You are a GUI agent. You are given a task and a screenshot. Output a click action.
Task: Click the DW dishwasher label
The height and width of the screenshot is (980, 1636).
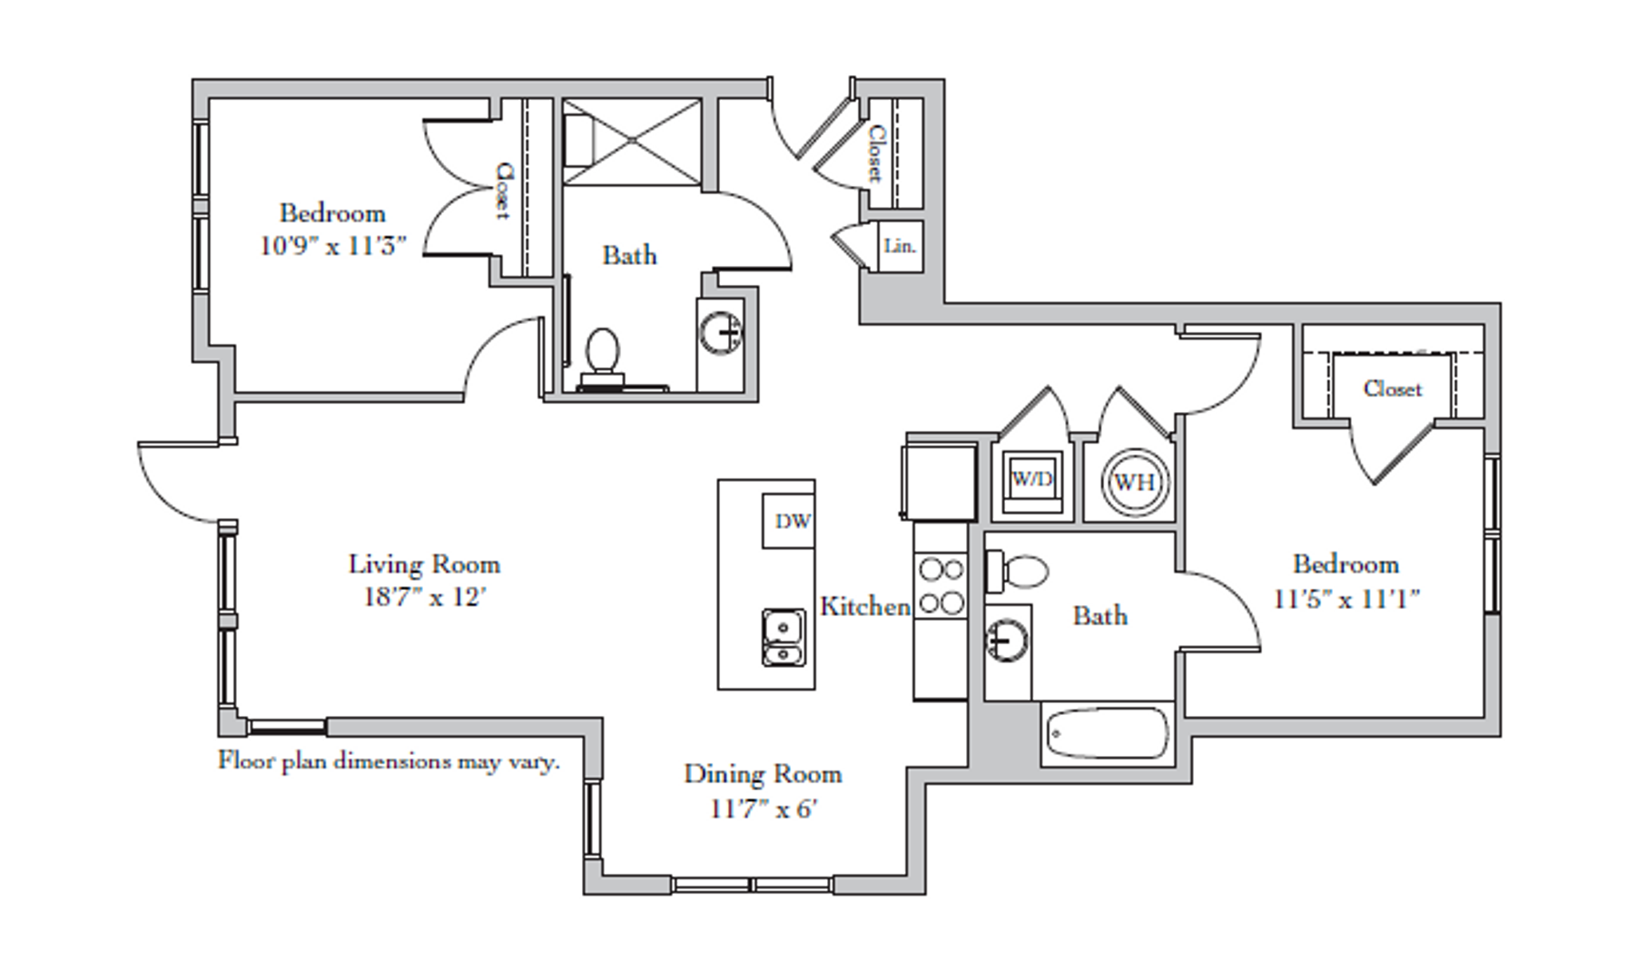[x=792, y=521]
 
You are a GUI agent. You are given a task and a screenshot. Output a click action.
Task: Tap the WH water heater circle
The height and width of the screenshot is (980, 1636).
[x=1134, y=482]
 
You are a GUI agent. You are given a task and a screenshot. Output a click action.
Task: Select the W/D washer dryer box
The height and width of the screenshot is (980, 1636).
[x=1032, y=480]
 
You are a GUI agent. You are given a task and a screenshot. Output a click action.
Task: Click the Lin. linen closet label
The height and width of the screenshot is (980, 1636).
[x=899, y=246]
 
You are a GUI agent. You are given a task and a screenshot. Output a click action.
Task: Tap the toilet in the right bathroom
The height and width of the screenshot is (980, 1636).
[x=1019, y=571]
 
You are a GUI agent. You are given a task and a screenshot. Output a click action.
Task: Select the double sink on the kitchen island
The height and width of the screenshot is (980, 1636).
[x=783, y=638]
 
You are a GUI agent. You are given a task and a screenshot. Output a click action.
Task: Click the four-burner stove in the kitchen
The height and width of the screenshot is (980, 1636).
[x=941, y=586]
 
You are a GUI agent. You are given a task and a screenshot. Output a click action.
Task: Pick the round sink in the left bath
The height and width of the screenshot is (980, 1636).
[x=722, y=332]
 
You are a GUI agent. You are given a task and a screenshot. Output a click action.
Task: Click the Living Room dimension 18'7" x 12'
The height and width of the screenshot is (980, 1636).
[x=424, y=598]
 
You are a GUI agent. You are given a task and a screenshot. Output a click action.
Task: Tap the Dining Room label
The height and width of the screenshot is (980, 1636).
[x=763, y=774]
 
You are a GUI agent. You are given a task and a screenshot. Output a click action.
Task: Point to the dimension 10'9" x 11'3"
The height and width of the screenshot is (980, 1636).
[x=332, y=246]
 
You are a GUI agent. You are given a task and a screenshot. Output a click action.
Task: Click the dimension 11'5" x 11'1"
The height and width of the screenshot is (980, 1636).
[x=1346, y=599]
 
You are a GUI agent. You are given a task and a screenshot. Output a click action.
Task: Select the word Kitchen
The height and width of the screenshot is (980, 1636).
[x=864, y=606]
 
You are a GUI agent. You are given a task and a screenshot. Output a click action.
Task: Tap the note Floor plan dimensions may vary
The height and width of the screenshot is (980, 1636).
[x=389, y=760]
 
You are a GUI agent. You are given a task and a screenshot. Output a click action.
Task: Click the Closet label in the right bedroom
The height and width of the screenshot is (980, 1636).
[x=1392, y=388]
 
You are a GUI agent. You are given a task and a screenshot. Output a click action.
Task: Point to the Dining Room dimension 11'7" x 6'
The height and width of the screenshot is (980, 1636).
[x=764, y=808]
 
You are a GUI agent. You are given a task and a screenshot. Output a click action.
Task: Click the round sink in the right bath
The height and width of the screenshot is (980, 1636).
[x=1007, y=640]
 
